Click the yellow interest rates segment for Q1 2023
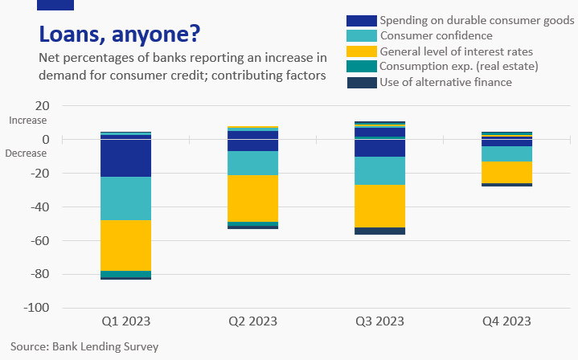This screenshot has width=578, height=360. click(125, 245)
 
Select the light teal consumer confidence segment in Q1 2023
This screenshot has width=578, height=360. click(125, 198)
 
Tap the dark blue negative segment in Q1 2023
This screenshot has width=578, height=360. click(125, 158)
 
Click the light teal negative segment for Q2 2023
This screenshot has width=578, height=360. click(252, 163)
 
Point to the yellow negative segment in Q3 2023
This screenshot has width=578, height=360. click(379, 206)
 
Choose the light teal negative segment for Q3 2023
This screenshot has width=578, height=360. click(379, 170)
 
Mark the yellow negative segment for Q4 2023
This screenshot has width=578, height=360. click(506, 172)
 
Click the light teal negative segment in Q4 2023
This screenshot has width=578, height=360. click(506, 153)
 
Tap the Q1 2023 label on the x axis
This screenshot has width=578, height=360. click(125, 321)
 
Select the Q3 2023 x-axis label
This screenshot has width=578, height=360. click(379, 321)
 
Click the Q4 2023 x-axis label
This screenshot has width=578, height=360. click(506, 321)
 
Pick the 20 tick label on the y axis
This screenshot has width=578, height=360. click(43, 106)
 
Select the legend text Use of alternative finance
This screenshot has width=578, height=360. click(445, 81)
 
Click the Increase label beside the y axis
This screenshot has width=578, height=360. click(28, 121)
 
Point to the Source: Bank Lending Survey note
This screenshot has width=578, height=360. click(85, 347)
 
